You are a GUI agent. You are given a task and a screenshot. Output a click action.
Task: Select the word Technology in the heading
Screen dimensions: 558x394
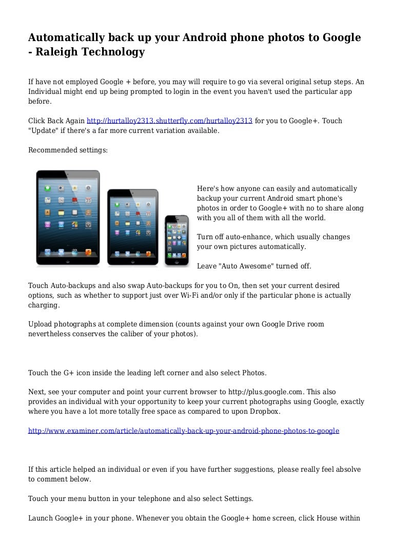[x=116, y=52]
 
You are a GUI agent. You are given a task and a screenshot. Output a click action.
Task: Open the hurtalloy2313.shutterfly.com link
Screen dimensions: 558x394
[x=169, y=121]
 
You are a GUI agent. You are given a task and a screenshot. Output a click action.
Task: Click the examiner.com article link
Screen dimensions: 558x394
[x=183, y=431]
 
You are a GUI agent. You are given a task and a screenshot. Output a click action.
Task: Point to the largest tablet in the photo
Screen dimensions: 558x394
[x=68, y=218]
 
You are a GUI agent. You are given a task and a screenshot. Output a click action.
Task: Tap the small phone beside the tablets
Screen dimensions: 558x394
[x=176, y=240]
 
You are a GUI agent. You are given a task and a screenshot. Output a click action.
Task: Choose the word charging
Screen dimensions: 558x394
[x=43, y=305]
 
